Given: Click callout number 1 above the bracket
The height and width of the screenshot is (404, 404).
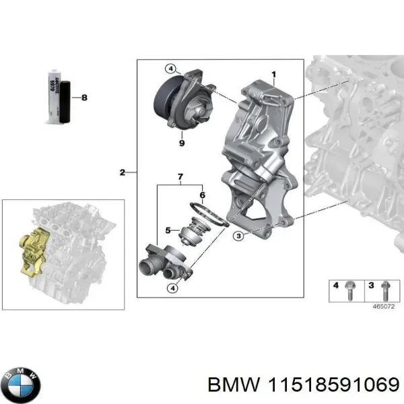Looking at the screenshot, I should pos(273,73).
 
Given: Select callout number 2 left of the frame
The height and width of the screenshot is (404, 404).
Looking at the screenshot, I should pos(122,173).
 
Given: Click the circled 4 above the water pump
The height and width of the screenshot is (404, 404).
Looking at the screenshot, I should pos(171,68).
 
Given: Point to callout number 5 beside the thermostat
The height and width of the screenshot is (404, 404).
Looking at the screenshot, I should pos(168,230).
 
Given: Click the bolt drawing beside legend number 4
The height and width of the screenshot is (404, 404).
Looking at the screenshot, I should pos(352,288).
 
